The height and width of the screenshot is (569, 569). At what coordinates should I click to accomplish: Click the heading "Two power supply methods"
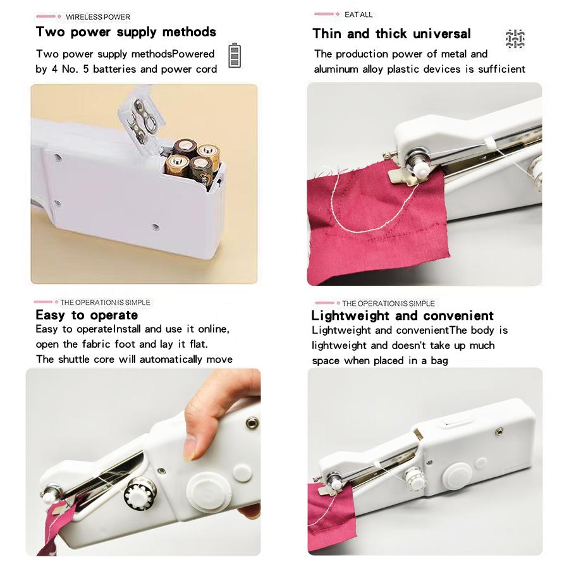[126, 32]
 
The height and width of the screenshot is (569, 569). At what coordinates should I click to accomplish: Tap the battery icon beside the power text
[234, 56]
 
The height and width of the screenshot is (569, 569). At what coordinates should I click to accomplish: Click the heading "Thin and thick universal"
[391, 34]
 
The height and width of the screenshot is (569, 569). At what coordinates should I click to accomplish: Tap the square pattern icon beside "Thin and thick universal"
[515, 39]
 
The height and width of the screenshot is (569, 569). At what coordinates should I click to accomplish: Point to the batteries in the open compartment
[191, 159]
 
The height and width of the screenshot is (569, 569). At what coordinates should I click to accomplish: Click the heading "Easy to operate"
[86, 315]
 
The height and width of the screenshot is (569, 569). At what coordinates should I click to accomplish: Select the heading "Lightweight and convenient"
[402, 315]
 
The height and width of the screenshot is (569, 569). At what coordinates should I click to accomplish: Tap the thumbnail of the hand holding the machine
[143, 462]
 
